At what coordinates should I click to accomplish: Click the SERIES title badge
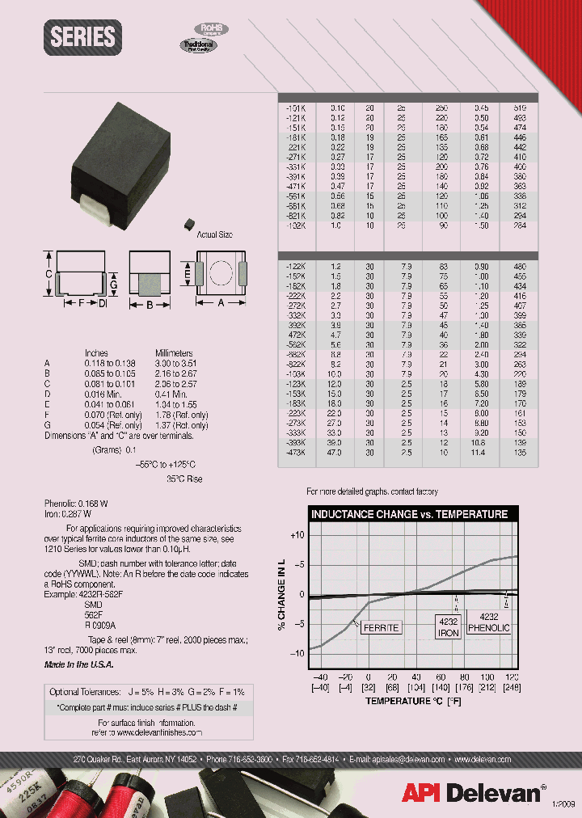(82, 37)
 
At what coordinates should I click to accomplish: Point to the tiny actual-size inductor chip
(191, 220)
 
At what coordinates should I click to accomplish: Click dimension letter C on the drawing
(48, 275)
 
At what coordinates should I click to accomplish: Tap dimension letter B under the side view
(150, 306)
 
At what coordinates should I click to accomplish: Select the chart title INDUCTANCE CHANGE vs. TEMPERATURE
(409, 514)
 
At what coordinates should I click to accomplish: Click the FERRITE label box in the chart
(379, 627)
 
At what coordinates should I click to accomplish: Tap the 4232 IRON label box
(449, 627)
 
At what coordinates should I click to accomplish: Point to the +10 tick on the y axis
(297, 535)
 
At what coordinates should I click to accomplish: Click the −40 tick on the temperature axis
(321, 676)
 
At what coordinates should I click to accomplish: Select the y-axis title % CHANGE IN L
(282, 594)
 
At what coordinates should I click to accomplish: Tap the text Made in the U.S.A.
(78, 664)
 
